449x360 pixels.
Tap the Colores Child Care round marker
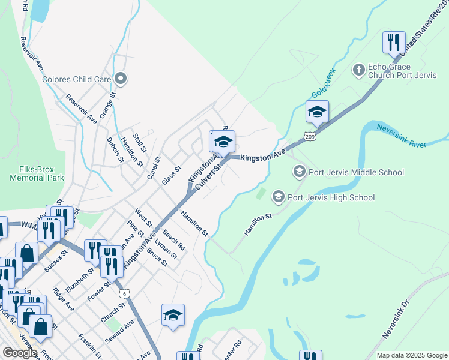coord(121,79)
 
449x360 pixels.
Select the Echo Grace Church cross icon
coord(358,71)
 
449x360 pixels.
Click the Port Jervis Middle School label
coord(356,172)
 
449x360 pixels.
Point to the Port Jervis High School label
coord(331,197)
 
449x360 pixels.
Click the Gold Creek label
coord(324,84)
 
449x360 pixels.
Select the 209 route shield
coord(309,137)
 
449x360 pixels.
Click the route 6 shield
coord(124,293)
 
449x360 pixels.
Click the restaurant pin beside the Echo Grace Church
coord(394,43)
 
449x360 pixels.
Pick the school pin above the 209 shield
coord(317,111)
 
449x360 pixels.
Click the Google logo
coord(20,353)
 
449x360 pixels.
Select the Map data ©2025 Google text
coord(411,355)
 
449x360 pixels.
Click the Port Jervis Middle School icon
coord(299,172)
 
